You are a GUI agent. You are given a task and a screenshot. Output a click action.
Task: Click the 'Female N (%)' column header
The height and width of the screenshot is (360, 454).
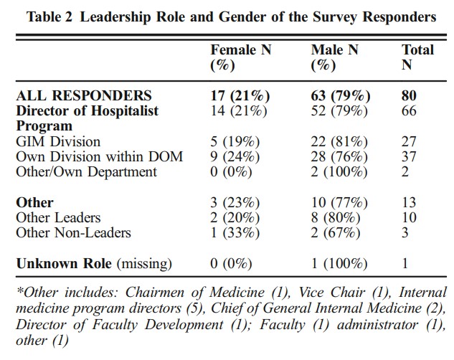coord(240,57)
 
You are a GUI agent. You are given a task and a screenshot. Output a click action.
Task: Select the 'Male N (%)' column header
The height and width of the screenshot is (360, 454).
coord(334,57)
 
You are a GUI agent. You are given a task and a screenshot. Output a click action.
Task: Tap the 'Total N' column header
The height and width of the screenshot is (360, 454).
coord(417,57)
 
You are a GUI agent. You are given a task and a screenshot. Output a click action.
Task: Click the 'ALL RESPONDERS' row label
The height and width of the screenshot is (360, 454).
coord(84,96)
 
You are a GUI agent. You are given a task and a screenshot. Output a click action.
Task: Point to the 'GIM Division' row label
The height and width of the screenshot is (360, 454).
coord(58,142)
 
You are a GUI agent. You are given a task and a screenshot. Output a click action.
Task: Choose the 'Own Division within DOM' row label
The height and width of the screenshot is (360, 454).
coord(99,157)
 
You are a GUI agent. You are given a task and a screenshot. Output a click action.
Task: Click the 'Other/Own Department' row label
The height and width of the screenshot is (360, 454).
coord(86,172)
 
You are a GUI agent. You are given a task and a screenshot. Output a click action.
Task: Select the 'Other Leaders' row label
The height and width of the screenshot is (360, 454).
coord(58,217)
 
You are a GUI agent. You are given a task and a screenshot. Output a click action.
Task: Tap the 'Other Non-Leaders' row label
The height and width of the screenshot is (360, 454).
coord(74,232)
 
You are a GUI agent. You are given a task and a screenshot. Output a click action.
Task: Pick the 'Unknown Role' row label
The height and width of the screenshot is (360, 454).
coord(64,264)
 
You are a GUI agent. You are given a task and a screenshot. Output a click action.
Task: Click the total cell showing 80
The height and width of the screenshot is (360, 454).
coord(409,96)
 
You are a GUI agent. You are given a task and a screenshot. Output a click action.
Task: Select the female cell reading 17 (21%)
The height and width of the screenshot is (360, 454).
coord(240,96)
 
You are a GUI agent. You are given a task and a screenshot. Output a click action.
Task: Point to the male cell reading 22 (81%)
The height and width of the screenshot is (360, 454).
coord(339,142)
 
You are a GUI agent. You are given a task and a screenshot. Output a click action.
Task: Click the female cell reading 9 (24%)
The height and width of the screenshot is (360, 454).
coord(235,157)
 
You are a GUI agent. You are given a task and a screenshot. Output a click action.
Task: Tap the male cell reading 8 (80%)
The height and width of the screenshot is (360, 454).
coord(336,218)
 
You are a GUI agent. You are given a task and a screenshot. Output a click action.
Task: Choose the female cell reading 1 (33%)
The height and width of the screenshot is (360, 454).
coord(235,233)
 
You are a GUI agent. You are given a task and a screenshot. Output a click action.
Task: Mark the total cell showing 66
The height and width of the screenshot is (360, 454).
coord(409,111)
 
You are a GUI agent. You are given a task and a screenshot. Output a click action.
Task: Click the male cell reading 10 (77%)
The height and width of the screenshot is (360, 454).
coord(339,203)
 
